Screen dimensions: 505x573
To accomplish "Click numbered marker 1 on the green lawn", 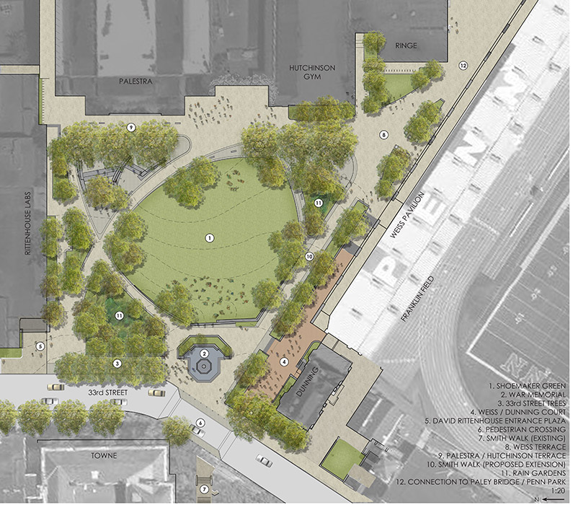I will [x=209, y=237].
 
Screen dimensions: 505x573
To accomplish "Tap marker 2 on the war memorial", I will [x=205, y=353].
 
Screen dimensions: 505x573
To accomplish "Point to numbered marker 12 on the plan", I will [x=463, y=66].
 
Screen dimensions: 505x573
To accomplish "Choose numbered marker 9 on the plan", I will [x=131, y=127].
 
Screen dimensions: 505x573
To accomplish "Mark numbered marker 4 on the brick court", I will [x=284, y=361].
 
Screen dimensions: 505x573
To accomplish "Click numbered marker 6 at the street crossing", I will [x=200, y=423].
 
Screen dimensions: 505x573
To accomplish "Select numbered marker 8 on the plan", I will [x=384, y=133].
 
